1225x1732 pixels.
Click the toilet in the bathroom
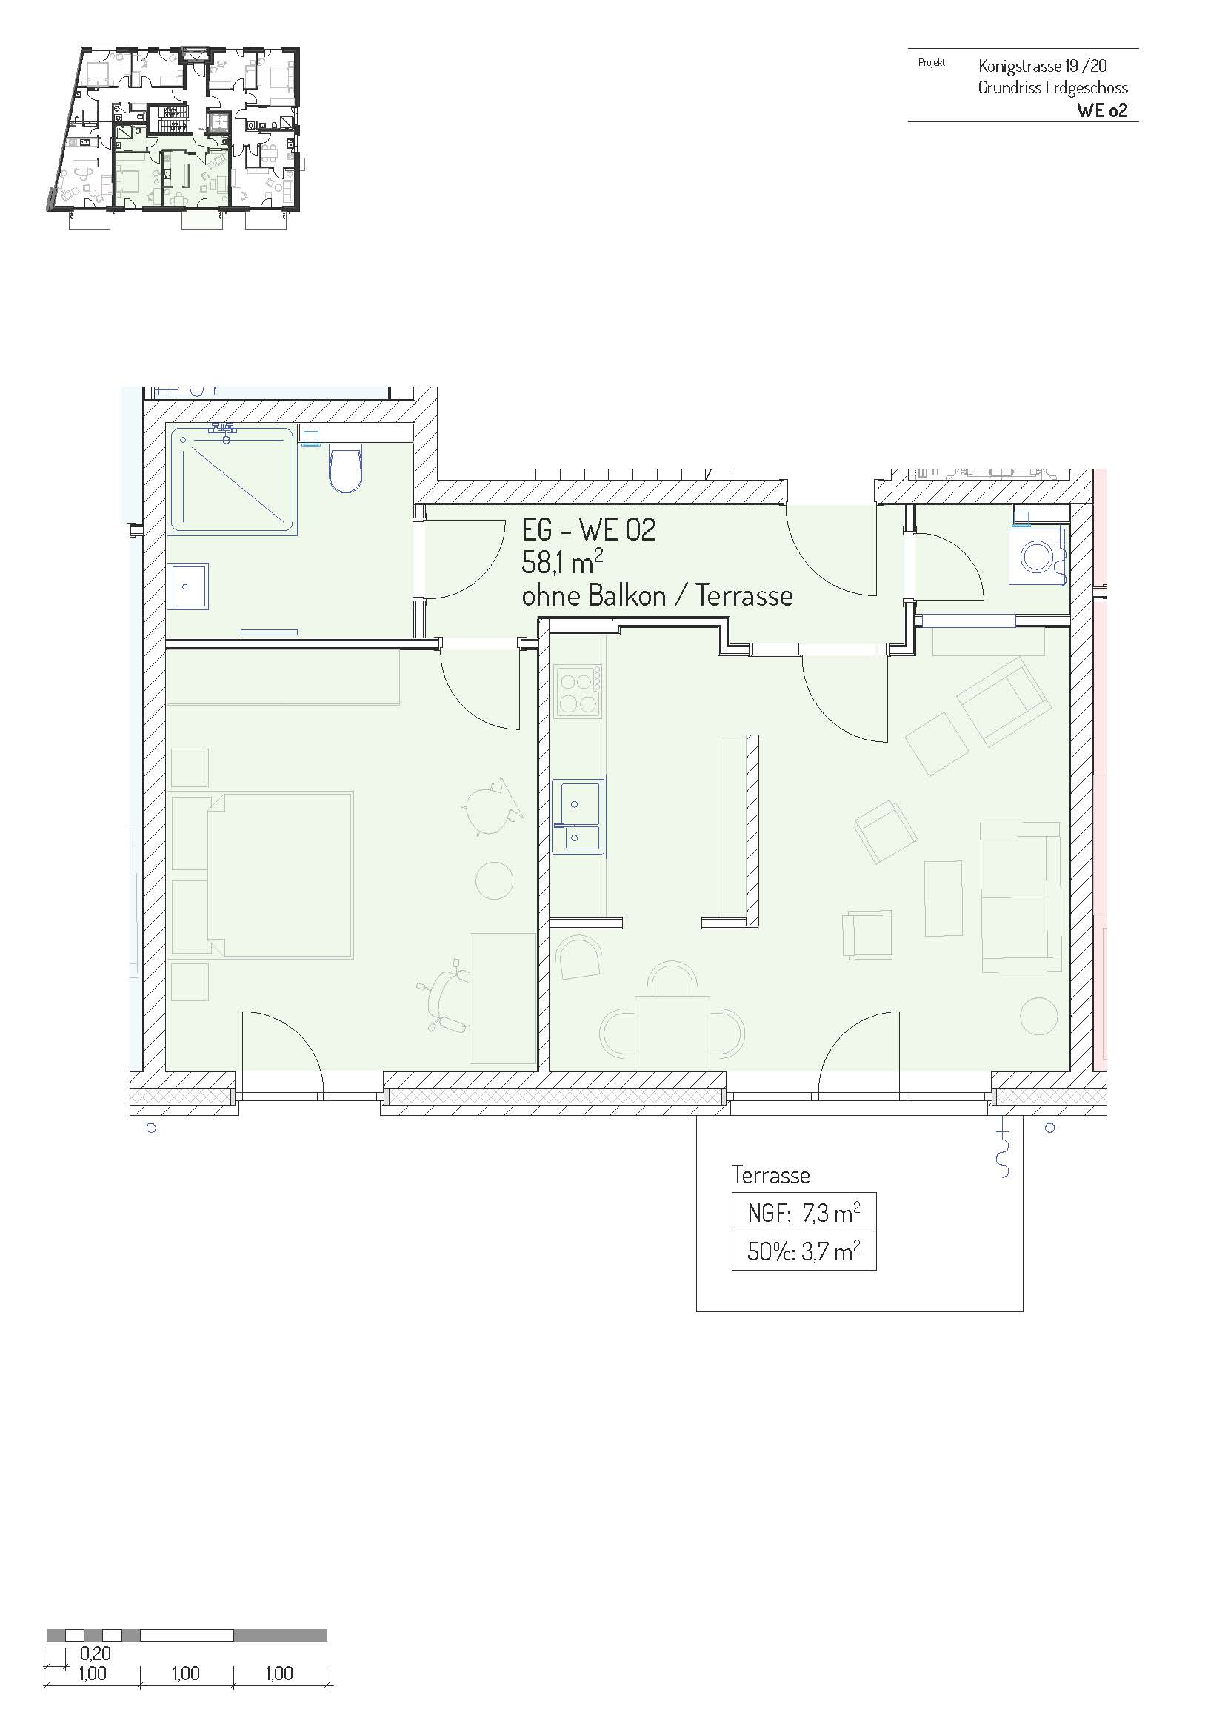pyautogui.click(x=346, y=470)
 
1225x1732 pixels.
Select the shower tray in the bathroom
pyautogui.click(x=233, y=480)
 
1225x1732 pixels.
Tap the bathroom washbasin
pyautogui.click(x=190, y=586)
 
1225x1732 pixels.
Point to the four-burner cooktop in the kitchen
pyautogui.click(x=578, y=691)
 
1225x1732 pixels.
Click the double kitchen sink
pyautogui.click(x=578, y=816)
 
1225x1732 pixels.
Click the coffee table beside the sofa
pyautogui.click(x=944, y=898)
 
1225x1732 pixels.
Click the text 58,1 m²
pyautogui.click(x=562, y=563)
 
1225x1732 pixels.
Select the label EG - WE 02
pyautogui.click(x=588, y=529)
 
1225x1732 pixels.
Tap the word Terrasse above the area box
pyautogui.click(x=771, y=1174)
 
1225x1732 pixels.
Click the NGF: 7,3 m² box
pyautogui.click(x=804, y=1213)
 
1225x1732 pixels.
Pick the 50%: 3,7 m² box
pyautogui.click(x=804, y=1251)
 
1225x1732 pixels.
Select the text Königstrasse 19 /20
pyautogui.click(x=1043, y=66)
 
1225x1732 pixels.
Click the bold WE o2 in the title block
pyautogui.click(x=1102, y=110)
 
